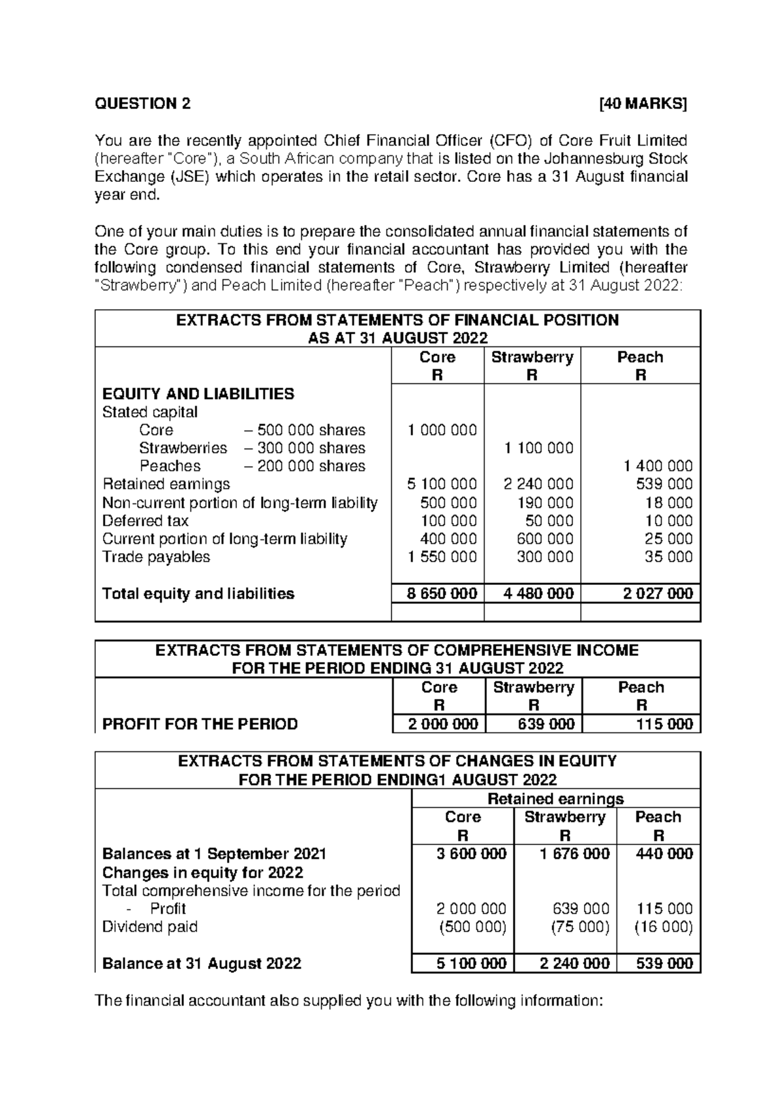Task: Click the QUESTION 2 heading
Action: [x=144, y=104]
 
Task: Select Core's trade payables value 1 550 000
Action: [x=442, y=557]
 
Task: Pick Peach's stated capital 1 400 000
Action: [x=658, y=466]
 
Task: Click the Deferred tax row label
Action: [x=146, y=521]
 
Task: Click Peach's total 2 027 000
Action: [x=658, y=593]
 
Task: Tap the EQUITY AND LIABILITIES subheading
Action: [x=198, y=394]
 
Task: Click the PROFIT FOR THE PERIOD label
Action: [x=200, y=724]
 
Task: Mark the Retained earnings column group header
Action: [x=556, y=799]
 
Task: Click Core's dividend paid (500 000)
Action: [x=472, y=927]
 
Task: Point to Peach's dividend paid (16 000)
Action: [x=663, y=927]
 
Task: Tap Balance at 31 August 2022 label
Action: [x=202, y=963]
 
